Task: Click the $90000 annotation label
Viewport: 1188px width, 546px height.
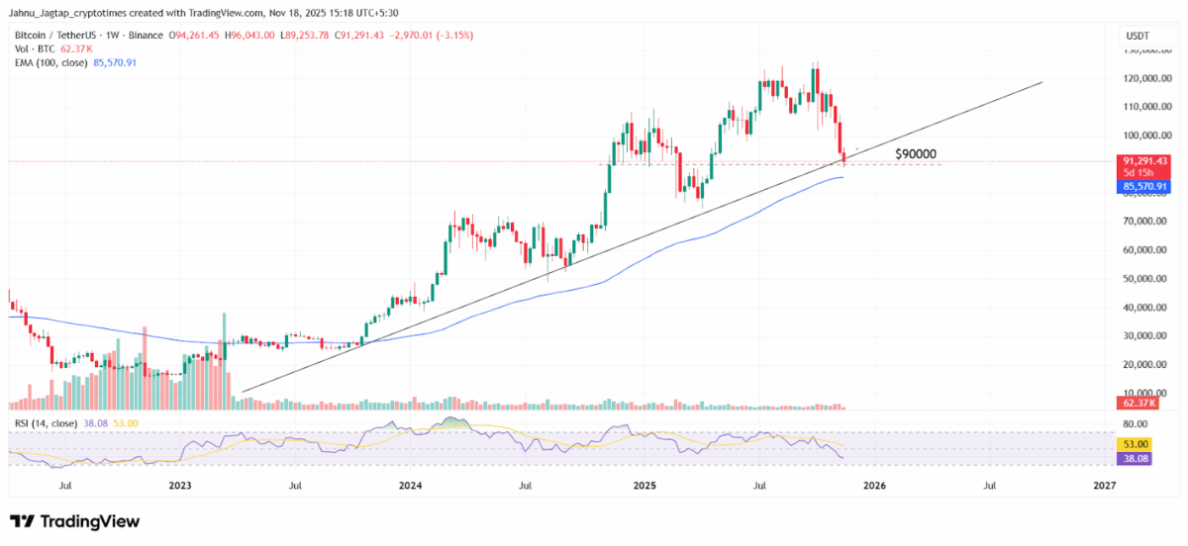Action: (x=915, y=154)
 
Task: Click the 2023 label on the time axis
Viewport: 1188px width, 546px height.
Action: (x=180, y=486)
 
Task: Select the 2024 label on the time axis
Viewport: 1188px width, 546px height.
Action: (x=411, y=486)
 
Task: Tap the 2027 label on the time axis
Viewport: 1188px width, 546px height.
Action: (x=1105, y=486)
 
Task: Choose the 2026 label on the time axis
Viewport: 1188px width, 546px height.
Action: (x=874, y=486)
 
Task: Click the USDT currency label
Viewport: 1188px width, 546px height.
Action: (x=1136, y=37)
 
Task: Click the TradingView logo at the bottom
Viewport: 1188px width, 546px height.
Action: (x=75, y=521)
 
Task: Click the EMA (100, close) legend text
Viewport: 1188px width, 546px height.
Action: (x=50, y=61)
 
